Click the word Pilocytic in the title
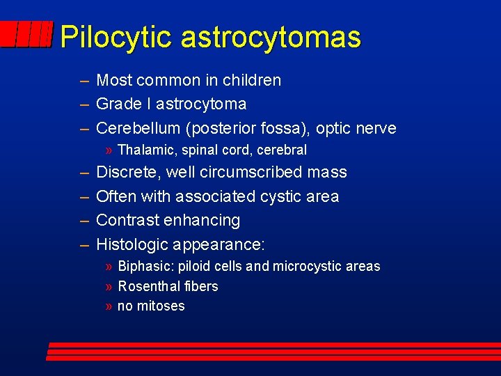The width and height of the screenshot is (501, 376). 116,37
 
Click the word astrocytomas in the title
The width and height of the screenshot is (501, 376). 271,37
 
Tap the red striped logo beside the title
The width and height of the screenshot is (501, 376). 26,34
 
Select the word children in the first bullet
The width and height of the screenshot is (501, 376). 252,80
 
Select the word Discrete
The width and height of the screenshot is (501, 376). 127,172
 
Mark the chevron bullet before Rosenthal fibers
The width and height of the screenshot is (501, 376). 109,286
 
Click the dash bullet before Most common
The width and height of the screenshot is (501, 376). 84,80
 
